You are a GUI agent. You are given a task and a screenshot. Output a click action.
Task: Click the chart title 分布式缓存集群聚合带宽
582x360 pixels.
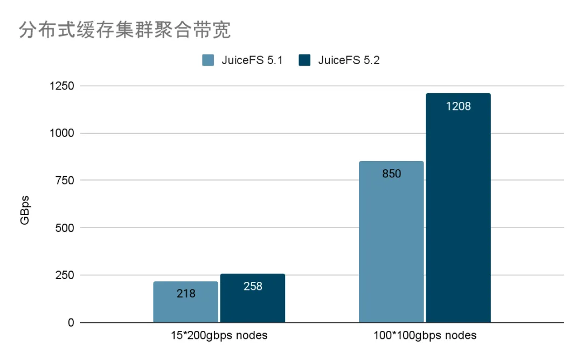point(125,31)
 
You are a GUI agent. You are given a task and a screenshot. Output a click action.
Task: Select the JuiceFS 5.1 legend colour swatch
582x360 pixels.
point(209,60)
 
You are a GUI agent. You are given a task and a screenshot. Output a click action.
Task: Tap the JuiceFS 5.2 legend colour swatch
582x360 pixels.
point(304,60)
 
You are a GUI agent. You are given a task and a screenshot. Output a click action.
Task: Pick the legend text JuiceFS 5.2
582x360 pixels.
point(349,60)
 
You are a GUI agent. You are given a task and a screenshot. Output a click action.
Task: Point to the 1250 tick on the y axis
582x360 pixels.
point(61,86)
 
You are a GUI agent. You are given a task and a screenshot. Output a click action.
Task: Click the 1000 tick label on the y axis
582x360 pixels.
point(61,133)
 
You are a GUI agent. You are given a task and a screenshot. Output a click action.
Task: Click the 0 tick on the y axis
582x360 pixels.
point(71,323)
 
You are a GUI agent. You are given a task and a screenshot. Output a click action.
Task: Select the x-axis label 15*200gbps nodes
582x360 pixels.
point(218,336)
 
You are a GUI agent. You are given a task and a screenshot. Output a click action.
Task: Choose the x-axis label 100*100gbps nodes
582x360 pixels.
point(425,336)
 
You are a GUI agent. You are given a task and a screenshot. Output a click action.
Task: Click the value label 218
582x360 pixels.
point(186,294)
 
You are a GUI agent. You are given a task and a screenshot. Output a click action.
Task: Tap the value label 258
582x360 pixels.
point(253,286)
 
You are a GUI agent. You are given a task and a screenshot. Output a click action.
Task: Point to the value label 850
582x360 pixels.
point(392,174)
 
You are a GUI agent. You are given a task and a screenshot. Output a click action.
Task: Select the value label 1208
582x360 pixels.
point(459,106)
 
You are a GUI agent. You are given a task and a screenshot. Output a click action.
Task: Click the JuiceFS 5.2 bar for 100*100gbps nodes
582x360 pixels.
point(459,216)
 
